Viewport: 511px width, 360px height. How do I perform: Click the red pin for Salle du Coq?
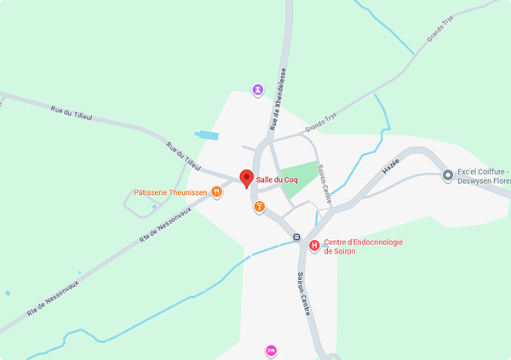coord(247,178)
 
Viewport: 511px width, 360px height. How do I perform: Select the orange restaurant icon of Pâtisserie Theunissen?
coord(217,192)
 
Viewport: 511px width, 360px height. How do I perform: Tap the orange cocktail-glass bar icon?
coord(259,206)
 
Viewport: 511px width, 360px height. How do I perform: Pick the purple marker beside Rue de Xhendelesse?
coord(258,89)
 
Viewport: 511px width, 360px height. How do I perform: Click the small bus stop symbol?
coord(296,237)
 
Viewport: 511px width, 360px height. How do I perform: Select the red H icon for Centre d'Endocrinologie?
coord(314,246)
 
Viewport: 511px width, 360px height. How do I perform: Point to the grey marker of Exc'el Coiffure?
coord(447,175)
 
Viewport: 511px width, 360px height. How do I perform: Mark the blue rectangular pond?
coord(207,135)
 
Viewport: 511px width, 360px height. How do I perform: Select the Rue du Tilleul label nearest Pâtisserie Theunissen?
coord(186,156)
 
